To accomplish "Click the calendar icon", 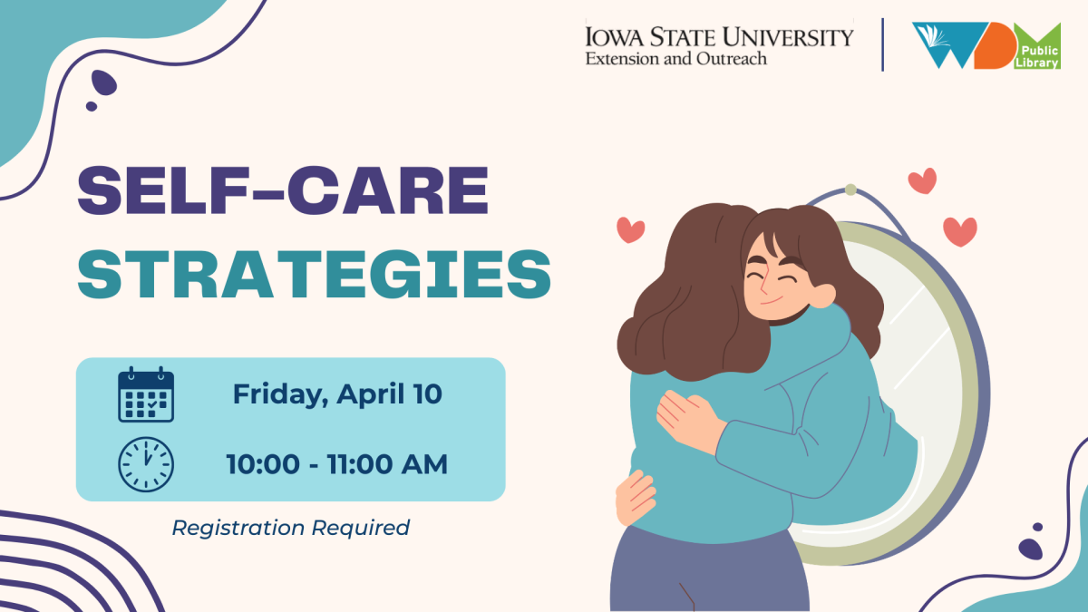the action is [x=146, y=394].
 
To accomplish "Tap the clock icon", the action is [x=146, y=464].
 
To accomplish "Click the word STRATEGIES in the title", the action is [x=315, y=275].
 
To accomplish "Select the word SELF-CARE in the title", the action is [x=283, y=189].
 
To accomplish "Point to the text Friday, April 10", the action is [x=337, y=393].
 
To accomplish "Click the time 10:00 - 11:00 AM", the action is [x=336, y=464].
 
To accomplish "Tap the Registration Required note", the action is [x=290, y=528].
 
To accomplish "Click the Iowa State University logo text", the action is [x=719, y=37].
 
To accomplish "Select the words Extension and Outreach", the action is [x=675, y=59].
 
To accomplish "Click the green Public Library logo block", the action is [x=1037, y=47].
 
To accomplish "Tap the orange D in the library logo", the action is [x=995, y=46].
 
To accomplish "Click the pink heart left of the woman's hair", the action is [x=630, y=229].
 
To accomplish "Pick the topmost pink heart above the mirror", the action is [x=922, y=180].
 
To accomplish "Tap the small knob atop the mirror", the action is [x=850, y=189].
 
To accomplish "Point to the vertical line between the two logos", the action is [x=882, y=44].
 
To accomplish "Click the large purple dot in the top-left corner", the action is [x=103, y=83].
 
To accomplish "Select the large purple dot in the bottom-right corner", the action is [x=1030, y=549].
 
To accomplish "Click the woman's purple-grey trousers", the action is [x=709, y=570].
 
